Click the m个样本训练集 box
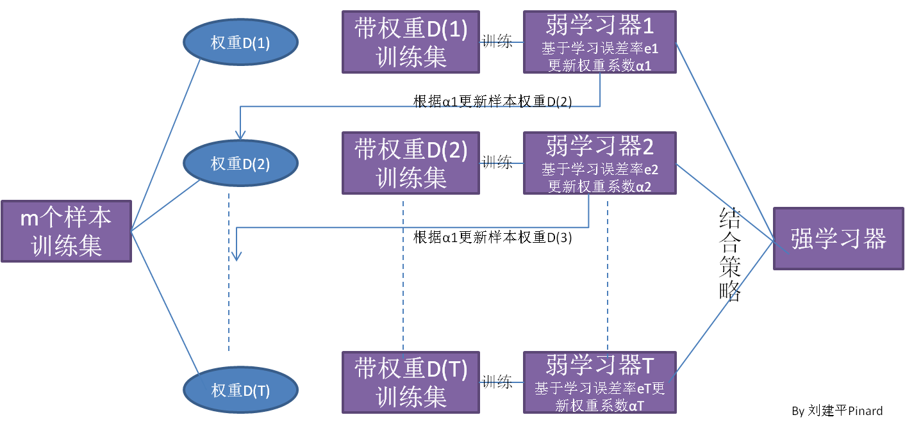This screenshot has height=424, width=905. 66,231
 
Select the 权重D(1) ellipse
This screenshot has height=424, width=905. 240,43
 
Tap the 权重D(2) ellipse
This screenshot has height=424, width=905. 240,163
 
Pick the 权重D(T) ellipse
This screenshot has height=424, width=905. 240,391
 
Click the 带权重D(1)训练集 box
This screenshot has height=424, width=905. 410,42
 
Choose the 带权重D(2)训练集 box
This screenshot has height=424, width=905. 410,163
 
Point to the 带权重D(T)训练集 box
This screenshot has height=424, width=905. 410,382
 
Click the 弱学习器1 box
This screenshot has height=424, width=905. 599,42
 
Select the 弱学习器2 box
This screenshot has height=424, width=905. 599,163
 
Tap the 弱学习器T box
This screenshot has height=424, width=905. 599,382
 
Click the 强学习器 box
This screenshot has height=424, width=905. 838,238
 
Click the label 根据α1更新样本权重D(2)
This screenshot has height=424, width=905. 492,101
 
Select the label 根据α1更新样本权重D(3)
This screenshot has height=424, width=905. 492,238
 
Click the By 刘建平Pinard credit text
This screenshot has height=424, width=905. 837,411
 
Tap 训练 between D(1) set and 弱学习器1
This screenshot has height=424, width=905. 497,42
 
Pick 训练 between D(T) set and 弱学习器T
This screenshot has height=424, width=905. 497,382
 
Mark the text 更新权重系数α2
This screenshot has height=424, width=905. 599,186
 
